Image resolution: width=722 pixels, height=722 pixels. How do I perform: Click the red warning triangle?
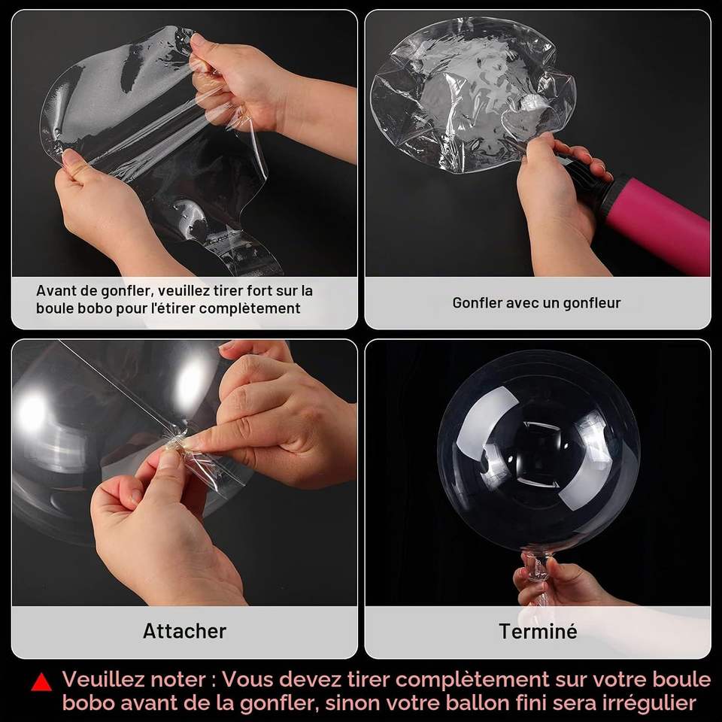coord(41,682)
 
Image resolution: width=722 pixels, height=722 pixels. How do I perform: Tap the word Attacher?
coord(184,631)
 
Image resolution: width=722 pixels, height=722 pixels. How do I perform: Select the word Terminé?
coord(538,631)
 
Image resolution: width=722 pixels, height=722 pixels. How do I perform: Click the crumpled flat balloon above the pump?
coord(472,95)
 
